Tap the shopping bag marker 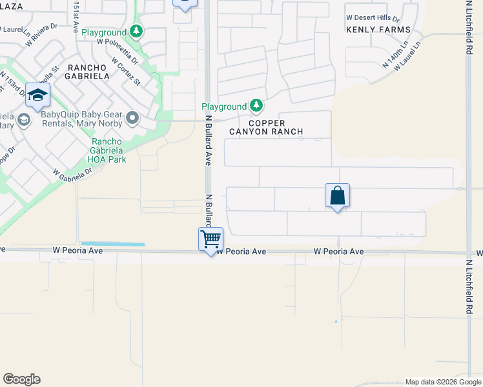(x=338, y=195)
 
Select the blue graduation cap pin (x=38, y=95)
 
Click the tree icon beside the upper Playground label (x=136, y=30)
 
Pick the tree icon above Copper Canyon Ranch (x=256, y=105)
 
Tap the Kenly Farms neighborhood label (x=378, y=30)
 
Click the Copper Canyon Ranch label (x=267, y=127)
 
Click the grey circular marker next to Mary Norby (x=133, y=117)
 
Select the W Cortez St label (x=126, y=70)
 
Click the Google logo (x=21, y=379)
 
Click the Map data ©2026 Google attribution (x=444, y=382)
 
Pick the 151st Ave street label (x=76, y=18)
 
